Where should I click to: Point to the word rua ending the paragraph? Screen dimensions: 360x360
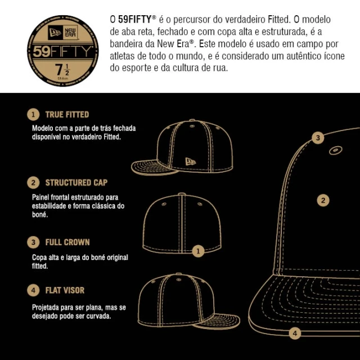[x=220, y=69]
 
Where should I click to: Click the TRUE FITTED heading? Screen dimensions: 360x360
[x=67, y=114]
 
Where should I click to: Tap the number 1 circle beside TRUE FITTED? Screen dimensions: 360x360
[x=34, y=114]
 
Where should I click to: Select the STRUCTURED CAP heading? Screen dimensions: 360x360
[x=76, y=183]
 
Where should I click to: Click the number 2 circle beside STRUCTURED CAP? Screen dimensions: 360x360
[x=34, y=183]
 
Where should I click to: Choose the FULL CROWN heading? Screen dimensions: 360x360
[x=67, y=242]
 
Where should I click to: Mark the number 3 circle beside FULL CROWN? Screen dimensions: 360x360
[x=34, y=242]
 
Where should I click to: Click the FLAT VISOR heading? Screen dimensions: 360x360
[x=65, y=290]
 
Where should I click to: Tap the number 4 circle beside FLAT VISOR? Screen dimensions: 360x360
[x=34, y=290]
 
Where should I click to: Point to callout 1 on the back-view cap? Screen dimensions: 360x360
[x=198, y=251]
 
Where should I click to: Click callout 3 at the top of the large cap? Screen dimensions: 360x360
[x=318, y=137]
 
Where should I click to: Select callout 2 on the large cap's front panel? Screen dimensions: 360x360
[x=322, y=200]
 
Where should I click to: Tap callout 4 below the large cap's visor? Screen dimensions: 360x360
[x=295, y=332]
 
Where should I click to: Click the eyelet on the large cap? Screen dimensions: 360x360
[x=334, y=151]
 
